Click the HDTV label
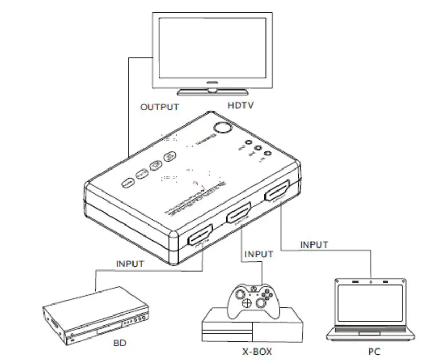click(x=241, y=106)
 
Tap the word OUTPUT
click(x=160, y=107)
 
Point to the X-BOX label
click(x=256, y=351)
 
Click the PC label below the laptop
click(x=373, y=351)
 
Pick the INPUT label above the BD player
click(x=129, y=264)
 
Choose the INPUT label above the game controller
click(x=259, y=254)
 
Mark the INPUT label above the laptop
click(x=314, y=244)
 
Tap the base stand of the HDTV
click(x=212, y=92)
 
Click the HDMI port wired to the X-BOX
click(x=239, y=215)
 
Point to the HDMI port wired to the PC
click(x=278, y=194)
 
